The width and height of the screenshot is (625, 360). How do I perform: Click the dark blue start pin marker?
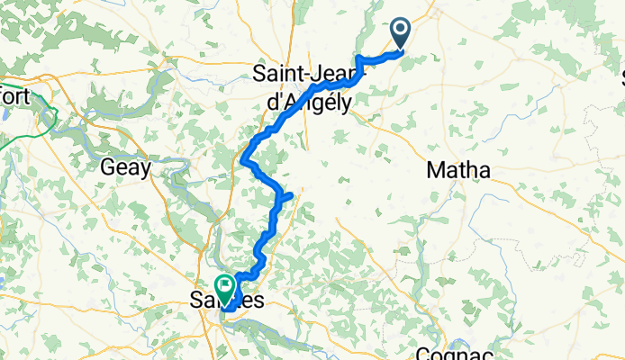point(401,35)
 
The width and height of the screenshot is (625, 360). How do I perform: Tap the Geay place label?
point(125,167)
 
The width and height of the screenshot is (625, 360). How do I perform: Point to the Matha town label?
point(457,170)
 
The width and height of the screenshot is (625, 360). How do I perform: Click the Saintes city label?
point(229,301)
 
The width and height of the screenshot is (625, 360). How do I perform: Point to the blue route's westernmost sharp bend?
point(244,161)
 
